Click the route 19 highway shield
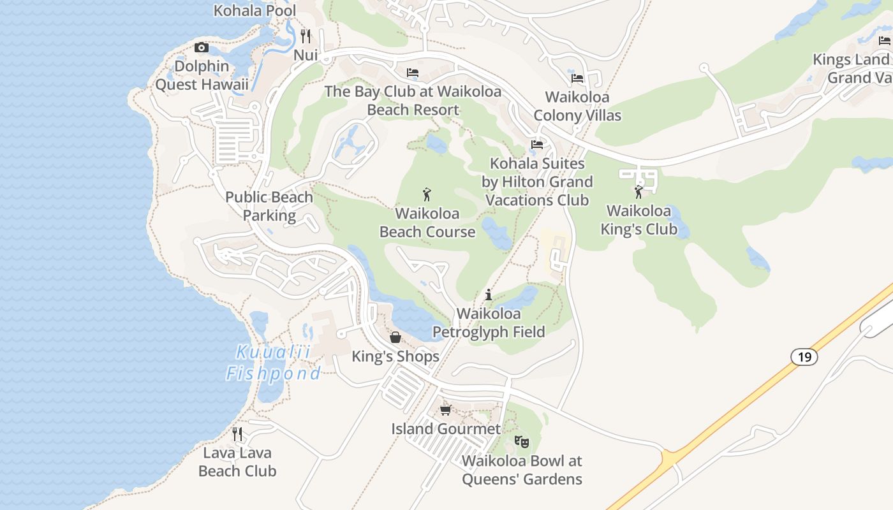click(x=804, y=357)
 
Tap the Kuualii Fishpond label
click(x=273, y=363)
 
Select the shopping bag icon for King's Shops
click(x=395, y=337)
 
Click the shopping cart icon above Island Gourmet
click(x=446, y=410)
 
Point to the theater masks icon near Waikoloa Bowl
click(x=522, y=441)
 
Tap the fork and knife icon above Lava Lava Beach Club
click(x=237, y=434)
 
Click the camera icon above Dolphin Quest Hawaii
click(x=202, y=48)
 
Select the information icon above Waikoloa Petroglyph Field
click(x=489, y=295)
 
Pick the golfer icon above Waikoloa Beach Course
click(x=427, y=194)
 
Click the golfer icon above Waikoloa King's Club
click(x=638, y=192)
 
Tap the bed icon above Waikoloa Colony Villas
click(x=577, y=78)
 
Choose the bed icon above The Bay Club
click(x=413, y=73)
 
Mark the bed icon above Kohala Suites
click(x=537, y=145)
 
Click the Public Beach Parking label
click(x=269, y=206)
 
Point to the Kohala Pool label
click(x=255, y=11)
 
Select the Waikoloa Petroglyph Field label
click(x=489, y=323)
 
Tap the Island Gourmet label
click(x=446, y=429)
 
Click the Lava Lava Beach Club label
click(x=237, y=462)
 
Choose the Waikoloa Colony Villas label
click(x=577, y=106)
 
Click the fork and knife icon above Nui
click(x=306, y=36)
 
